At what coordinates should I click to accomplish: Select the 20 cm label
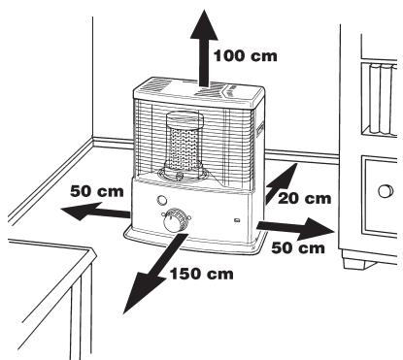[x=305, y=198]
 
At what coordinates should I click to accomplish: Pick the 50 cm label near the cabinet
[x=297, y=248]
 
